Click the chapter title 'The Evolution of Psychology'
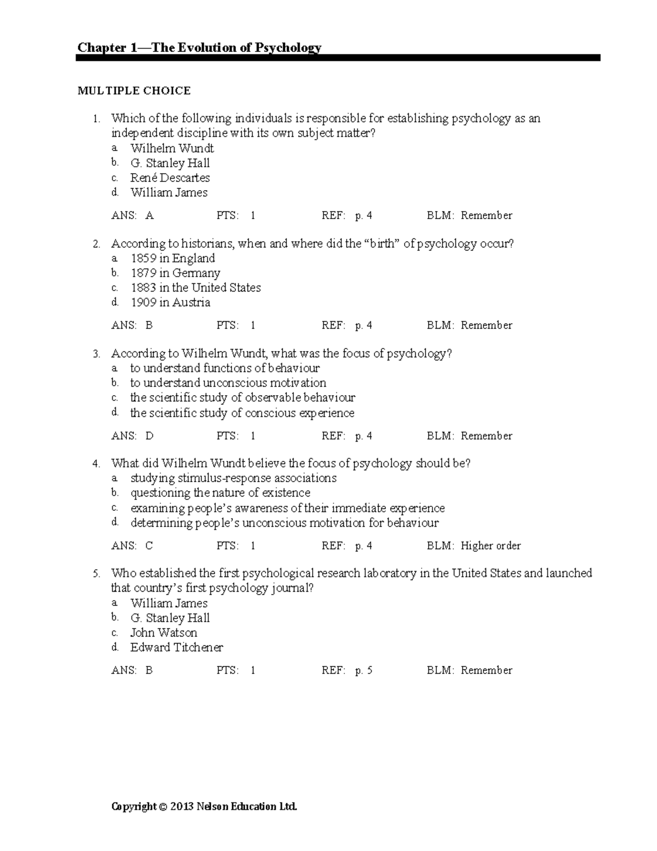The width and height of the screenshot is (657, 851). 199,48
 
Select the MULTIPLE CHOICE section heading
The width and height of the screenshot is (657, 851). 134,91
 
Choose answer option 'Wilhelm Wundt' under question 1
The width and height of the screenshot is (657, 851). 172,149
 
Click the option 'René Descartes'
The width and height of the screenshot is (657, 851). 170,178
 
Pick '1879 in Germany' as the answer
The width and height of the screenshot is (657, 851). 175,273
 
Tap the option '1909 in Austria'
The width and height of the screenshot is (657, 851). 170,302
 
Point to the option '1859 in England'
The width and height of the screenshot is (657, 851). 172,258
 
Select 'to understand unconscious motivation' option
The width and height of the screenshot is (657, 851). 228,383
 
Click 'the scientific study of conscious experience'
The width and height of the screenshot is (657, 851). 242,413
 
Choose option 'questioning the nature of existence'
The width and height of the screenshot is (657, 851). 220,493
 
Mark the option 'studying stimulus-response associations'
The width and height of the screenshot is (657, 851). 233,478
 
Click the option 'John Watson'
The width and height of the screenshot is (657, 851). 164,632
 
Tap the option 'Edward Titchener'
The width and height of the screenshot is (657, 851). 176,647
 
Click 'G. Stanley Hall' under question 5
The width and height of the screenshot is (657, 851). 170,618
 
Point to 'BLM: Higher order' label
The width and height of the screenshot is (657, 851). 474,546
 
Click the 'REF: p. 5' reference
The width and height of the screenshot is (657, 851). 347,670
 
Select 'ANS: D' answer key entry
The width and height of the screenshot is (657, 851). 132,436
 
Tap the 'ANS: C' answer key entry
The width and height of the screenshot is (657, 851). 132,546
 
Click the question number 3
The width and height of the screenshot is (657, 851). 96,354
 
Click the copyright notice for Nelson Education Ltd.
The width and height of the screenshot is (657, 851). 204,807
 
